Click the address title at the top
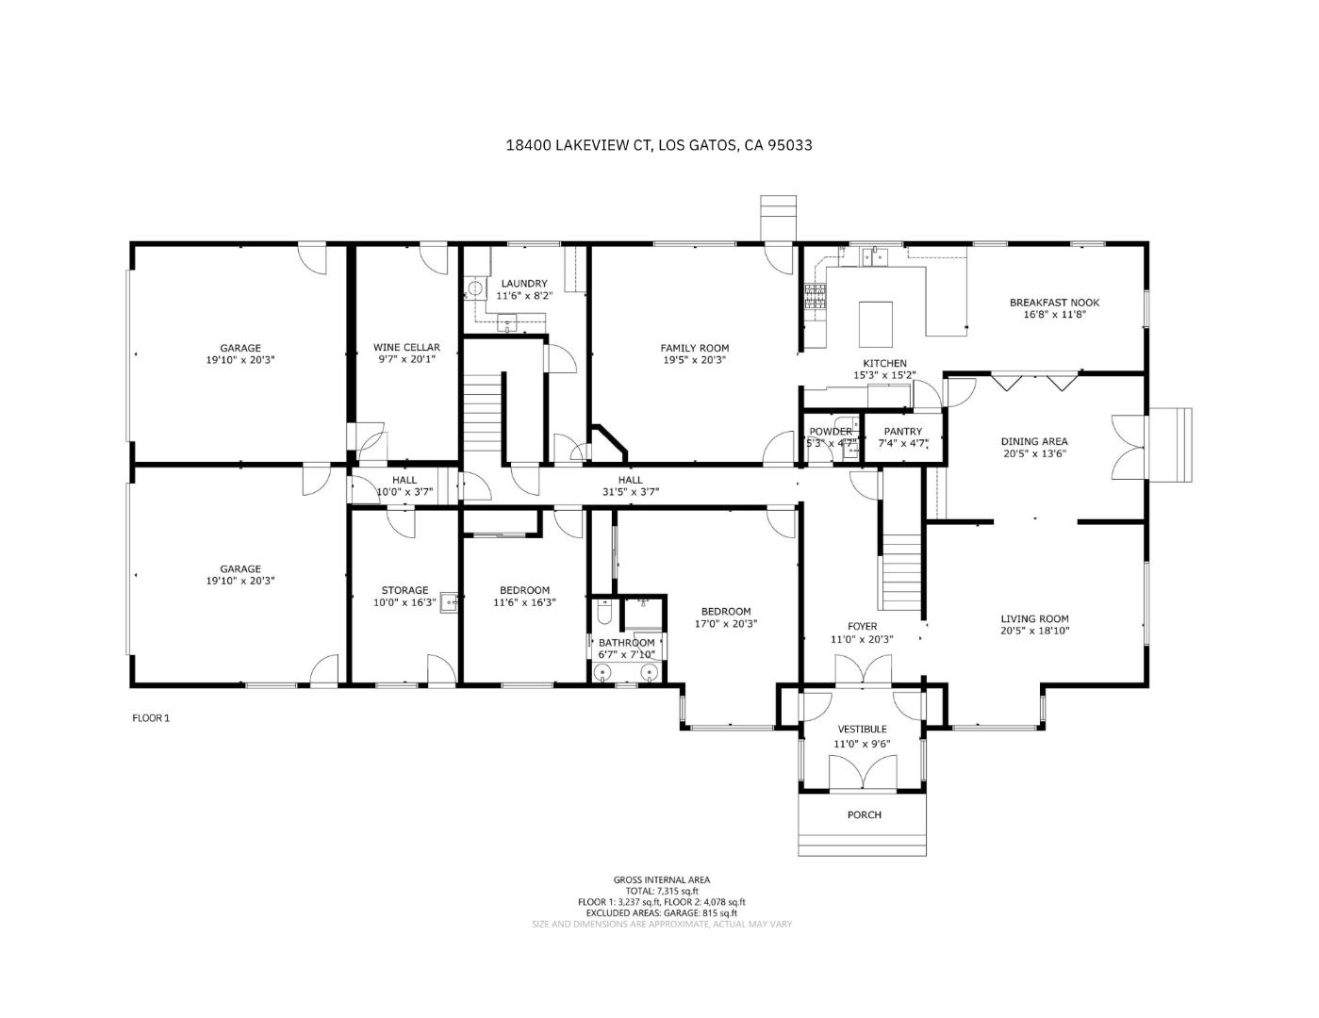click(659, 145)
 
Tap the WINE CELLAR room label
click(406, 347)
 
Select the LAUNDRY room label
click(524, 283)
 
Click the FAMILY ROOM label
click(694, 348)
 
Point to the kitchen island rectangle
click(876, 323)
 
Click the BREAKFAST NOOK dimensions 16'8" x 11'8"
click(1054, 315)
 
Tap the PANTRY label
click(902, 432)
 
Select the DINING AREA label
click(1034, 441)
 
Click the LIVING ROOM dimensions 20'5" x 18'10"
click(1034, 632)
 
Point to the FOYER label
click(862, 626)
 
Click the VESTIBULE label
click(863, 729)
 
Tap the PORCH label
click(864, 814)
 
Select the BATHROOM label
click(626, 643)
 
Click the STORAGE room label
click(404, 590)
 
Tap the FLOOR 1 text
click(150, 717)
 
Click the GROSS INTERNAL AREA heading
click(661, 879)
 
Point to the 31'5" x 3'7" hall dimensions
click(630, 491)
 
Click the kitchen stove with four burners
click(815, 297)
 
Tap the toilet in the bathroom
click(604, 616)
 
